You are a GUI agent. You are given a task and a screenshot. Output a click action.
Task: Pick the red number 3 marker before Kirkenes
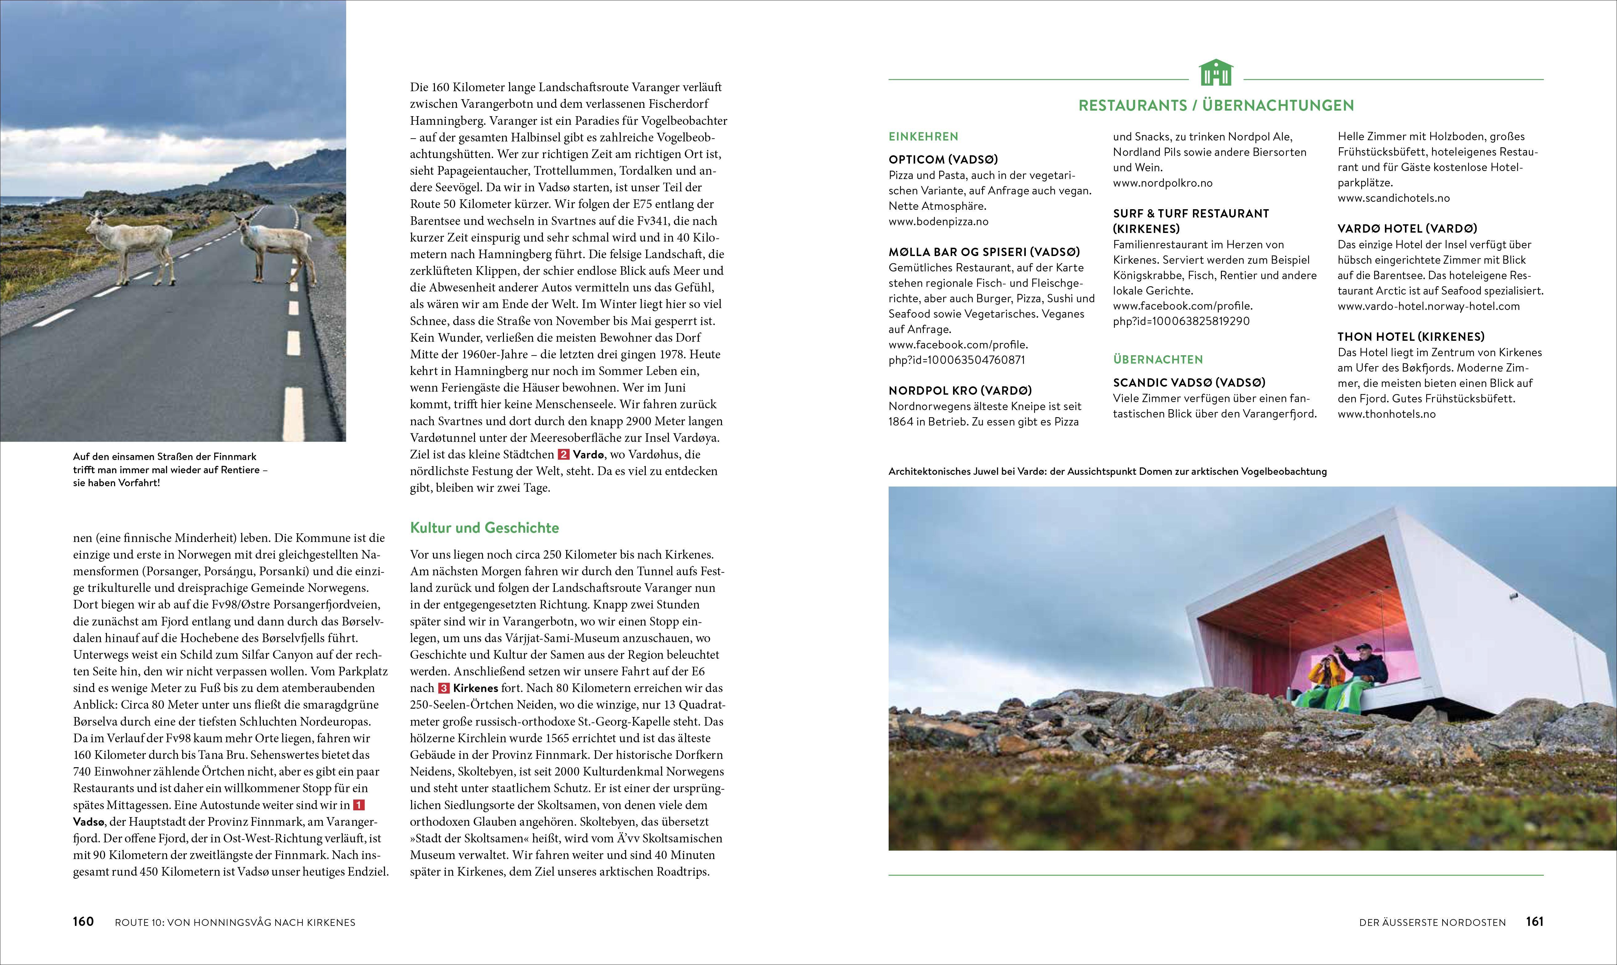(x=444, y=688)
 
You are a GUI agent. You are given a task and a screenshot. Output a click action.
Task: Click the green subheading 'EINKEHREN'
(x=923, y=136)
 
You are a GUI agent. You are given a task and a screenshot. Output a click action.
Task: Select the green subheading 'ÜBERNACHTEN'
(x=1158, y=360)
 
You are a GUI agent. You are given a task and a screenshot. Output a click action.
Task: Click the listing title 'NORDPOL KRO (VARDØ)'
(x=960, y=391)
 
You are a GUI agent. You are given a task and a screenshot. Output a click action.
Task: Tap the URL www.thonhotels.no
(x=1386, y=414)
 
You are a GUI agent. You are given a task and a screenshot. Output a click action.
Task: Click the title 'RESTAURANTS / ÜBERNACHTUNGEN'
(x=1216, y=105)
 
